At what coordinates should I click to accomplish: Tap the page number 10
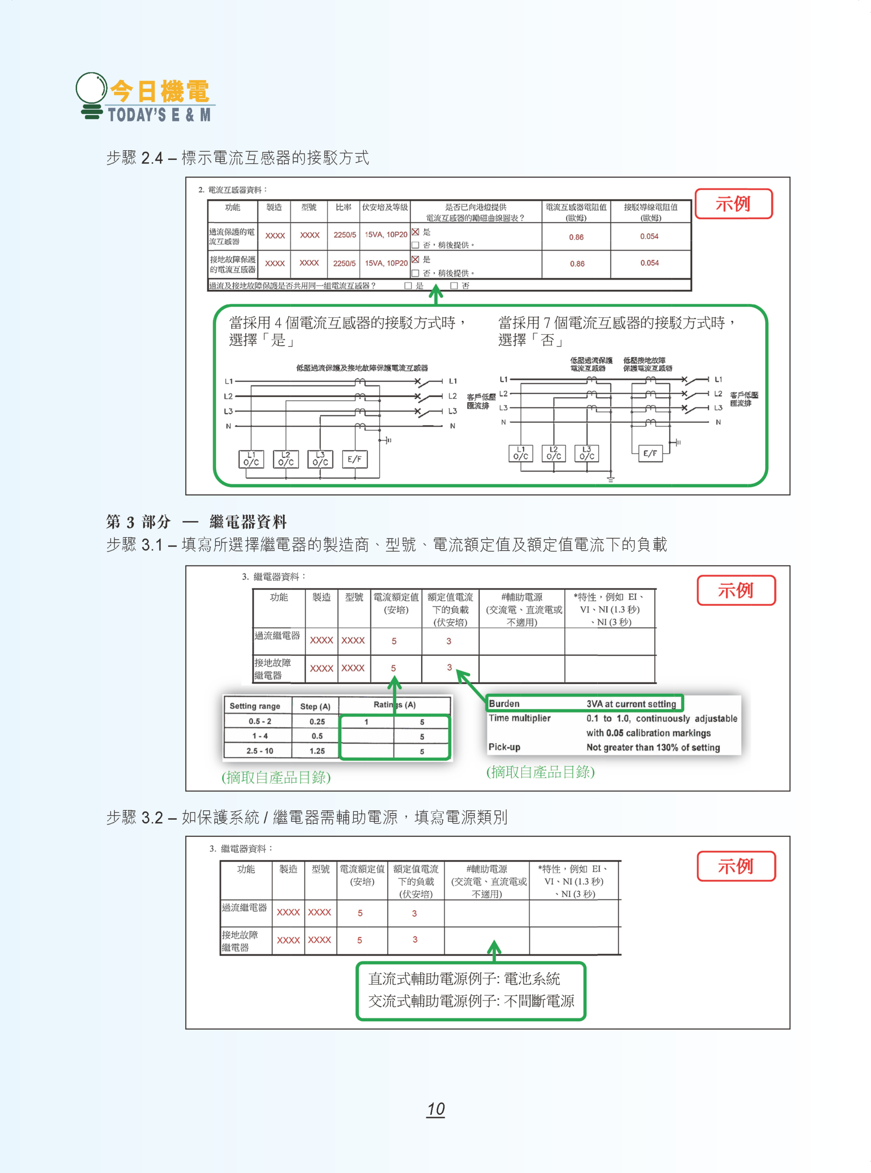tap(435, 1109)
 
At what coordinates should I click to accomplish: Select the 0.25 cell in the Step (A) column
tap(317, 721)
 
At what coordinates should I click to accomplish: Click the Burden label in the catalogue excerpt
tap(504, 703)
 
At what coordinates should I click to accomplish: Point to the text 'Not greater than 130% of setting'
tap(653, 747)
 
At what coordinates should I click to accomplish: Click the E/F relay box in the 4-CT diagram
tap(355, 460)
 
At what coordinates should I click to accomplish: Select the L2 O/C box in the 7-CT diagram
tap(554, 454)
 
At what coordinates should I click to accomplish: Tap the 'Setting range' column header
tap(255, 706)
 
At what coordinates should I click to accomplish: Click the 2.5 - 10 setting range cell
tap(259, 751)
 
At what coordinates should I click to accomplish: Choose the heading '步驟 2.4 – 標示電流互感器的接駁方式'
tap(237, 158)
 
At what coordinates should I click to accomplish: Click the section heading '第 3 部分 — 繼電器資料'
tap(196, 522)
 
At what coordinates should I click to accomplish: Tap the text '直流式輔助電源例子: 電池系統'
tap(464, 979)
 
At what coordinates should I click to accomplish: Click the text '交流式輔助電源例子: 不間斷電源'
tap(471, 1001)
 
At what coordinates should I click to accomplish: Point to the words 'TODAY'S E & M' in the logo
tap(159, 115)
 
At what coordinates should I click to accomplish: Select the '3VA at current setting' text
tap(631, 704)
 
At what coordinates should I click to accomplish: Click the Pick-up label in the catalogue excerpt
tap(504, 747)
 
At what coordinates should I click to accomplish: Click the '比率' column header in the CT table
tap(343, 207)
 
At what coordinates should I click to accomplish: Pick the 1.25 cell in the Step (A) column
tap(317, 751)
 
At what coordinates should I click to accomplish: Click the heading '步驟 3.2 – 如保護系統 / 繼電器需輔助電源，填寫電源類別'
tap(306, 817)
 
